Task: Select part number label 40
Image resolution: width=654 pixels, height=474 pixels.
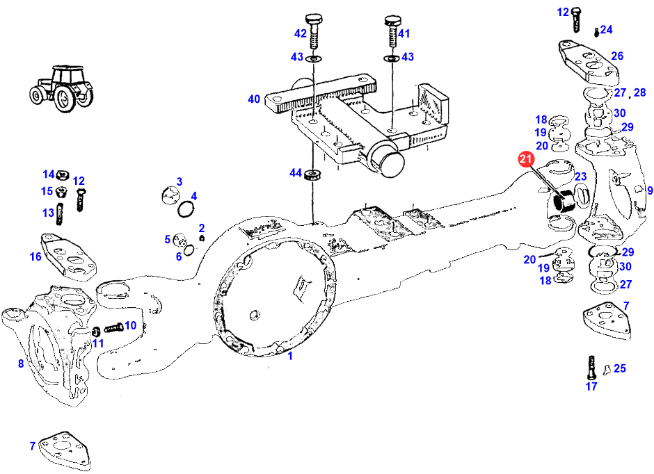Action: point(254,99)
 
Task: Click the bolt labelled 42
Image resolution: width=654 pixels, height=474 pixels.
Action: point(314,31)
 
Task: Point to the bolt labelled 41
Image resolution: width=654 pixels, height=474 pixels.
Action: point(390,31)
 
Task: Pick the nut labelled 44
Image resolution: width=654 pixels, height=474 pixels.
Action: point(313,172)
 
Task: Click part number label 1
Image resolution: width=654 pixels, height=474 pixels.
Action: point(290,356)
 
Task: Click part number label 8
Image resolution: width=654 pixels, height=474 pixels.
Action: point(21,363)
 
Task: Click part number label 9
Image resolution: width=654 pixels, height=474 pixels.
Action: point(650,190)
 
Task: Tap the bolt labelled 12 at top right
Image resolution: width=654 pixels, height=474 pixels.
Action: point(577,19)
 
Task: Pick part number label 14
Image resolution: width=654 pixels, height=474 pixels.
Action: point(48,174)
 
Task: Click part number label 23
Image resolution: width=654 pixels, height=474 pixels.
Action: point(580,177)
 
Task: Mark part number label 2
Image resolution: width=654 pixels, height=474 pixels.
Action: point(202,228)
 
